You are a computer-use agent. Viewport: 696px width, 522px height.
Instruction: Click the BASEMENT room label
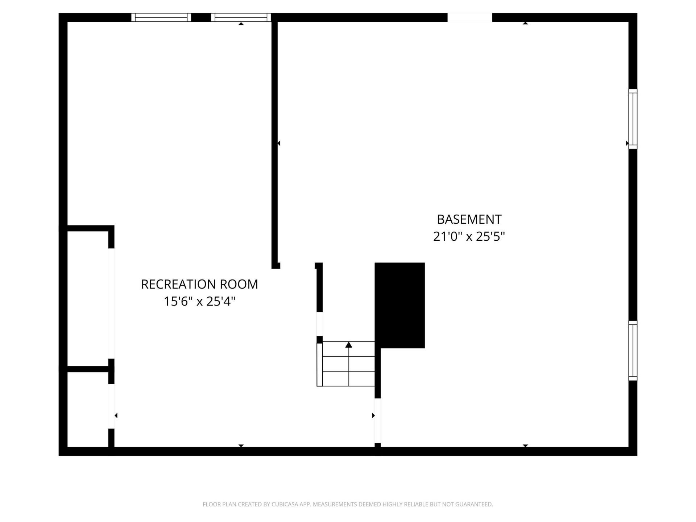[x=469, y=219]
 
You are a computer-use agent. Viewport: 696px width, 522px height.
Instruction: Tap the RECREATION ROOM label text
[x=199, y=284]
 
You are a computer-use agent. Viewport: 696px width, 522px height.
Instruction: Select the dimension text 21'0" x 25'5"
[x=469, y=236]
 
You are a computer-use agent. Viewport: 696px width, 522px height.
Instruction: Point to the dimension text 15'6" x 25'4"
[x=200, y=301]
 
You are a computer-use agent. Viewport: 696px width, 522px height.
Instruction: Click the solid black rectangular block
[x=399, y=305]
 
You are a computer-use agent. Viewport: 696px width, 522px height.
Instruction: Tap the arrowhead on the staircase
[x=349, y=344]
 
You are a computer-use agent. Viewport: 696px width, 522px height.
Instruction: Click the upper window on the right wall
[x=633, y=119]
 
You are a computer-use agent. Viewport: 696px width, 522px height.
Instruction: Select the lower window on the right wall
[x=633, y=351]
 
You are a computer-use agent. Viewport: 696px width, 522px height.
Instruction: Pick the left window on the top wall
[x=161, y=17]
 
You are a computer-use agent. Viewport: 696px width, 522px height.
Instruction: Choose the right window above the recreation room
[x=241, y=17]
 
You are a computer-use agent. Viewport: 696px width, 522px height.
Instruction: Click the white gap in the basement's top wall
[x=470, y=17]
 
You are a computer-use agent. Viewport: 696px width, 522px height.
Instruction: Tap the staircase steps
[x=346, y=364]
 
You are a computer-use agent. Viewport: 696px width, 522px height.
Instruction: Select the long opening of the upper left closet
[x=111, y=303]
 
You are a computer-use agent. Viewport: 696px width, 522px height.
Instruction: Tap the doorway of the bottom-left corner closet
[x=111, y=406]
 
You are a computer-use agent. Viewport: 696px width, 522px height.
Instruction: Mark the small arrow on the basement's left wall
[x=279, y=144]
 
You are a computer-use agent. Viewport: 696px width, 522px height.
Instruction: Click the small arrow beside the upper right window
[x=627, y=144]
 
